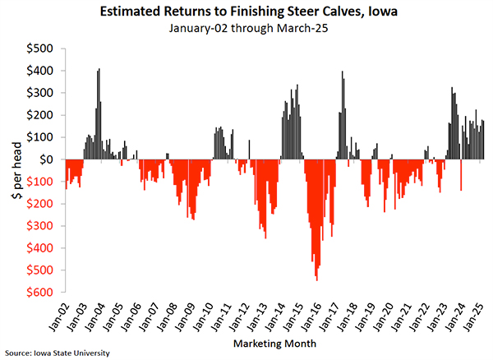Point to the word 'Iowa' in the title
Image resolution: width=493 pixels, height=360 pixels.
click(385, 12)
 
